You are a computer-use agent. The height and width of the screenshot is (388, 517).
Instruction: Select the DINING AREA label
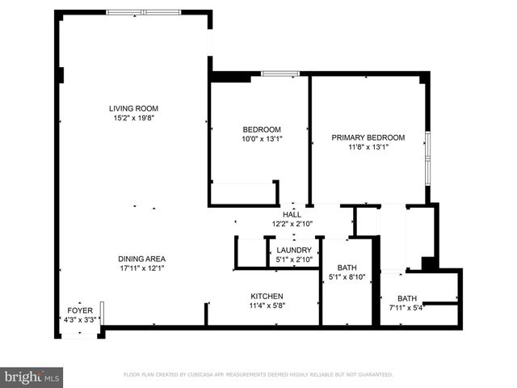coord(141,259)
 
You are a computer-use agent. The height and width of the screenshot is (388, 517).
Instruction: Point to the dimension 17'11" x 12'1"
coord(141,268)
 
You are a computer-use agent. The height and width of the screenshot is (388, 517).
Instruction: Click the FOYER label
coord(79,310)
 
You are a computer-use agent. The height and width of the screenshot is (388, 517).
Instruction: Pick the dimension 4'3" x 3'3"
coord(79,320)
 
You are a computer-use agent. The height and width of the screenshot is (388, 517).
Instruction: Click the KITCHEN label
coord(267,296)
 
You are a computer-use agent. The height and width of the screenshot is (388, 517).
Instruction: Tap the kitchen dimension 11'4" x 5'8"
coord(267,306)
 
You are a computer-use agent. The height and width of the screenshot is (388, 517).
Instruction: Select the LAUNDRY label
coord(293,251)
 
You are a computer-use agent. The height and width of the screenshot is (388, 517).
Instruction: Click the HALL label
coord(292,214)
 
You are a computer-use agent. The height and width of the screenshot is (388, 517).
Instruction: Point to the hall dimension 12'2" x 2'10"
coord(292,224)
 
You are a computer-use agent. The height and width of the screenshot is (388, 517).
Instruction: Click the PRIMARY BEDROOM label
coord(368,137)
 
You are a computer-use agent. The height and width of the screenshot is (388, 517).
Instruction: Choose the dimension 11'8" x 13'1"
coord(368,147)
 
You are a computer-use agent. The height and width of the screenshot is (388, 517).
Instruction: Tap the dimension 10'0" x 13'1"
coord(262,139)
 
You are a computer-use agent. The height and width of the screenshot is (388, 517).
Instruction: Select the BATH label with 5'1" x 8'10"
coord(347,268)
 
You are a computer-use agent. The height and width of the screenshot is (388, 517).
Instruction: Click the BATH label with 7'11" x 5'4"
coord(406,297)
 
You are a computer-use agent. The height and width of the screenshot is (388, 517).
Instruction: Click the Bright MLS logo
coord(32,377)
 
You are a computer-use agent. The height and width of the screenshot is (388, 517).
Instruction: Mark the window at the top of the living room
coord(144,13)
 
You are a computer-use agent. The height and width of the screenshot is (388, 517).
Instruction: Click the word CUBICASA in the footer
coord(212,375)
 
